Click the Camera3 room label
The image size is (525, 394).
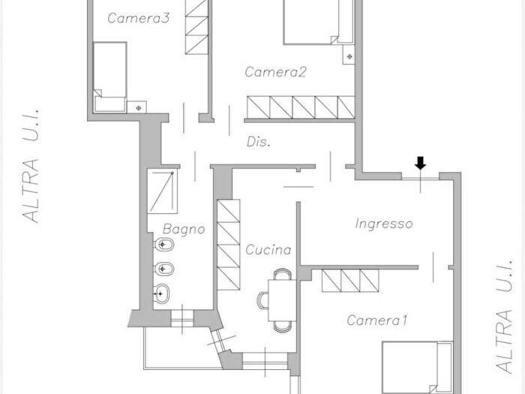click(x=138, y=18)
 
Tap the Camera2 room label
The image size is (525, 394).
click(x=275, y=72)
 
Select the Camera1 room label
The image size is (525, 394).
click(x=377, y=320)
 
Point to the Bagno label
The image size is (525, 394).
click(x=184, y=229)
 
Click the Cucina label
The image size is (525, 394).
click(x=268, y=250)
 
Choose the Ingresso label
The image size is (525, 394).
click(x=384, y=224)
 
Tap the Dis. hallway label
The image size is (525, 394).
click(x=259, y=142)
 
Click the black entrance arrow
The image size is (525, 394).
click(x=420, y=163)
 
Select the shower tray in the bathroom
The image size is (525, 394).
click(x=162, y=191)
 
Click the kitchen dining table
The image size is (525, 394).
click(x=282, y=300)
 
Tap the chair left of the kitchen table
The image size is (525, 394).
click(x=262, y=300)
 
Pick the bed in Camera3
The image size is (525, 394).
click(x=109, y=77)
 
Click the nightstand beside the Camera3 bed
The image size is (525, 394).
click(x=137, y=107)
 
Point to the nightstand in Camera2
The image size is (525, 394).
click(x=349, y=55)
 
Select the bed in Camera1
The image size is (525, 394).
click(x=418, y=368)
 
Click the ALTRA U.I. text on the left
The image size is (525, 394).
click(x=31, y=166)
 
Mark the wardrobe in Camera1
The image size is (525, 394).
click(x=350, y=281)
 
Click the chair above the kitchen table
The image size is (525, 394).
click(x=283, y=275)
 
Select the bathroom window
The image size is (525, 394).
click(x=182, y=319)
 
